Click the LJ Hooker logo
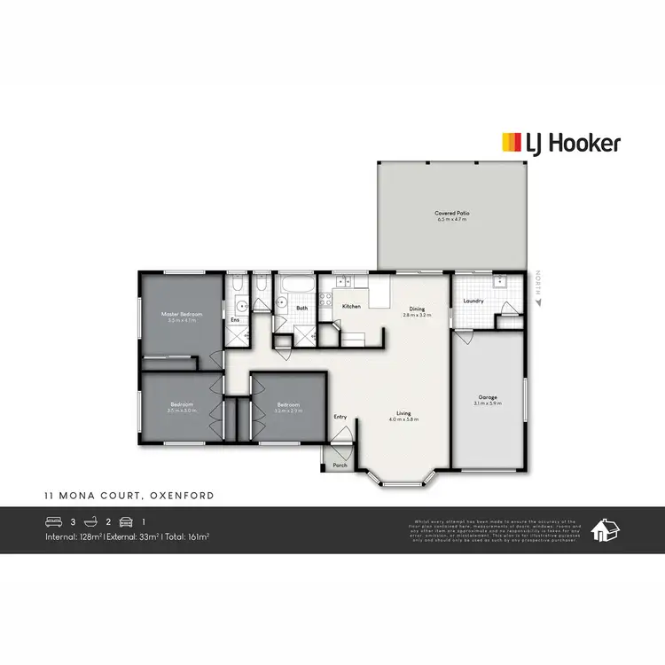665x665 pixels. coord(560,143)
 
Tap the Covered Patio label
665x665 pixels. coord(451,213)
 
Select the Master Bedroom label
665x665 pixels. coord(181,315)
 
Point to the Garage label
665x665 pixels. coord(487,396)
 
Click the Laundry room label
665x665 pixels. coord(473,301)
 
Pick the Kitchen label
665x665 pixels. coord(351,306)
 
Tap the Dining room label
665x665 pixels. coord(416,309)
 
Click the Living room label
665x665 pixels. coord(403,413)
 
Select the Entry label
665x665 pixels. coord(340,417)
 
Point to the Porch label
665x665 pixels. coord(340,465)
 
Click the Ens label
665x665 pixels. coord(235,319)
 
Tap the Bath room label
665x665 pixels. coord(301,309)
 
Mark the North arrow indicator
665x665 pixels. coord(537,301)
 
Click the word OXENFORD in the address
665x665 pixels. coord(184,496)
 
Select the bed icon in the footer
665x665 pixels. coord(54,521)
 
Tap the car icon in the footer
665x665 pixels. coord(126,521)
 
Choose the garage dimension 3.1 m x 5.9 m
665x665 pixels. coord(488,403)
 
